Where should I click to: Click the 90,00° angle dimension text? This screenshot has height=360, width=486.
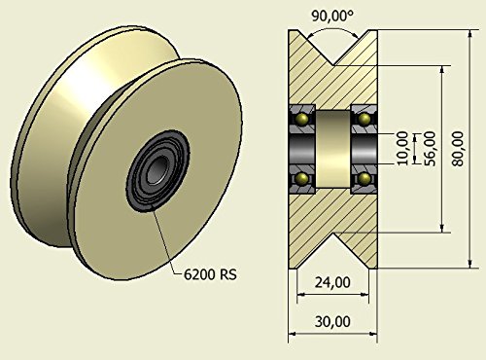332,16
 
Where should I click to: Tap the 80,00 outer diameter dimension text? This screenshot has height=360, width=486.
458,149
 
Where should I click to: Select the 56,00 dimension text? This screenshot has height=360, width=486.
430,149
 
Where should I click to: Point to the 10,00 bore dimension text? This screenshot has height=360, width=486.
402,149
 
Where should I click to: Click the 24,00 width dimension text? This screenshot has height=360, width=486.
332,282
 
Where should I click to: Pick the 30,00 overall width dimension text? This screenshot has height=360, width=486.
332,321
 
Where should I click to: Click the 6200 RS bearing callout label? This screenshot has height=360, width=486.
210,274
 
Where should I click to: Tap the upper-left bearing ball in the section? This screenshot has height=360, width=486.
303,119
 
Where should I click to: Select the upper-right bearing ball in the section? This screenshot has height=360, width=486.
364,119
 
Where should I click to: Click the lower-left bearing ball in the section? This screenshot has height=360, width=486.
303,178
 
